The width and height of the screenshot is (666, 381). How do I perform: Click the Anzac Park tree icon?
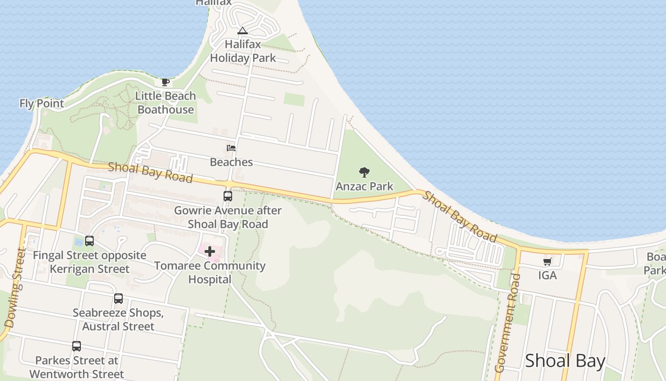[x=364, y=172]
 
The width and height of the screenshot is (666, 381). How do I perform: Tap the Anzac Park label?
[x=364, y=186]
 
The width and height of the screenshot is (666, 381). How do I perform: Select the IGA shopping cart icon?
[x=548, y=261]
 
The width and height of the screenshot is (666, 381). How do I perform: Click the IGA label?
[x=547, y=275]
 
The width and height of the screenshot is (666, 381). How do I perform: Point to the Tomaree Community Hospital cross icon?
[x=210, y=251]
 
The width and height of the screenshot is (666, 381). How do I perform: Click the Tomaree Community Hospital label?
[x=210, y=272]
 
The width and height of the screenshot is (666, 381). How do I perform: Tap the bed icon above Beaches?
[x=231, y=148]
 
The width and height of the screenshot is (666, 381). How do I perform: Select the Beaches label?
[x=231, y=162]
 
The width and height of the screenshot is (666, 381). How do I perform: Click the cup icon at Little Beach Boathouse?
[x=165, y=82]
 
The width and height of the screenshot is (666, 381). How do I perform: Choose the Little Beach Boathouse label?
[x=166, y=102]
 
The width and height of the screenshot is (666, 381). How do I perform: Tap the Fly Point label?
[x=41, y=103]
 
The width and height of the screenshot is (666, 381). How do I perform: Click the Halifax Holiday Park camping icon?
[x=243, y=31]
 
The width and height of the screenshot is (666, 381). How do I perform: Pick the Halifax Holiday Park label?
[x=243, y=51]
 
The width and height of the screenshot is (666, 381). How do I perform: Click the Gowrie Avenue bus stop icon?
[x=228, y=196]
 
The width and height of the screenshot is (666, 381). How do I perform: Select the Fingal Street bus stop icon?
[x=89, y=241]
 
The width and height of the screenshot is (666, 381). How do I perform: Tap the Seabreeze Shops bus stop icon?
[x=118, y=299]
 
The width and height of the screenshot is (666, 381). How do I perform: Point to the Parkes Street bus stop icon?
[x=77, y=346]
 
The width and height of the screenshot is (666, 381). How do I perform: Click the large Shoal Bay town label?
[x=565, y=361]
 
